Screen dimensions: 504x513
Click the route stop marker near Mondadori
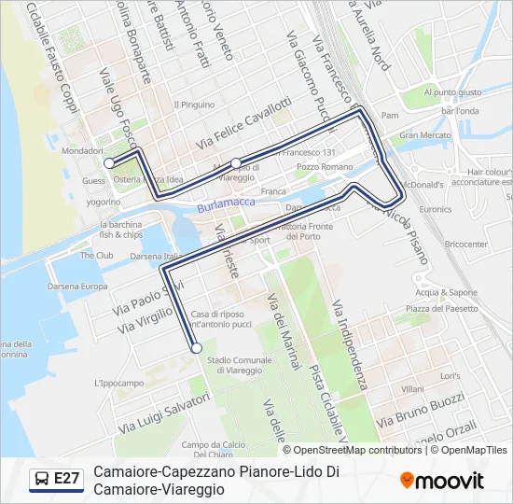[109, 163]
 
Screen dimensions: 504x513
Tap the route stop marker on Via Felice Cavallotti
[236, 162]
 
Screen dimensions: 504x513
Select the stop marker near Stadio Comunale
[196, 348]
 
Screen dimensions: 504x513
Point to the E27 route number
[67, 480]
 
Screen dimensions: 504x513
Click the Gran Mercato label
[424, 135]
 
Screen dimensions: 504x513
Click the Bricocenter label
[466, 245]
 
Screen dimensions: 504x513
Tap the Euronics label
[435, 210]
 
